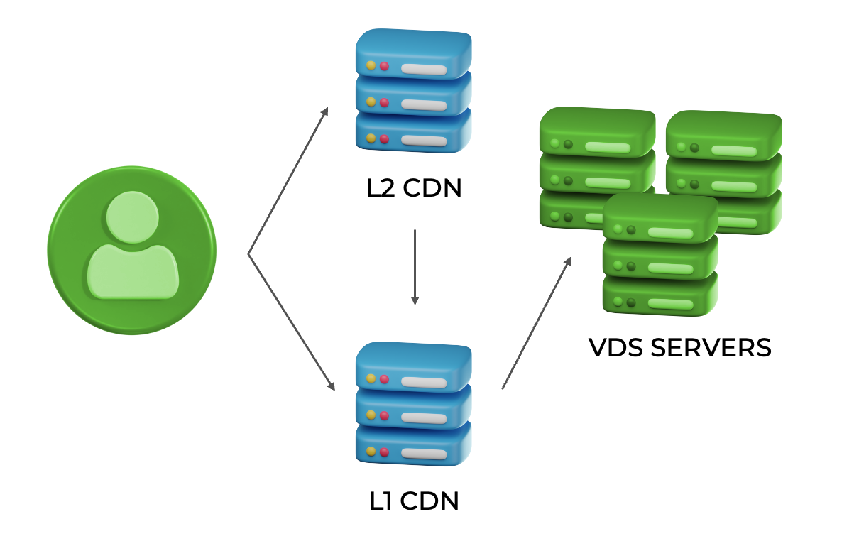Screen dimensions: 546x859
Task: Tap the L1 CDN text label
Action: pos(415,501)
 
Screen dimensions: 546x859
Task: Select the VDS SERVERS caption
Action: pos(679,348)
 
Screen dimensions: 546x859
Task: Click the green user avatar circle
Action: pos(131,250)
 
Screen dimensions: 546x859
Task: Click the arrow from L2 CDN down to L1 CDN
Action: pos(415,266)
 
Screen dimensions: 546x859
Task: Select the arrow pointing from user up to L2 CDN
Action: pos(288,181)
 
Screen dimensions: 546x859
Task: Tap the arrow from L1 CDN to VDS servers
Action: pos(536,323)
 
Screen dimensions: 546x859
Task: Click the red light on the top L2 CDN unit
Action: pos(384,66)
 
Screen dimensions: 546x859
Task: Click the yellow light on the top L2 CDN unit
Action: pos(371,65)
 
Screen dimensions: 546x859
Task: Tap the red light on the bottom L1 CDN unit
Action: pos(384,452)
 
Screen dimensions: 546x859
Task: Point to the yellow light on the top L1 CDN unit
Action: pos(371,379)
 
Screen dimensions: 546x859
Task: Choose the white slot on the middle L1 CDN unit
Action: pos(424,417)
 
